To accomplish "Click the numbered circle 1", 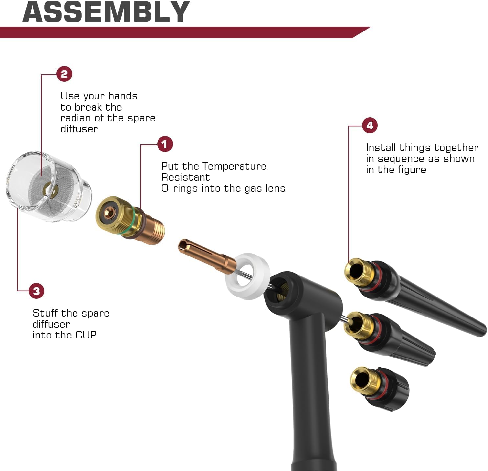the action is pos(165,144).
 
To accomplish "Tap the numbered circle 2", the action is pos(64,74).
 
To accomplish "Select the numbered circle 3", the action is pos(37,291).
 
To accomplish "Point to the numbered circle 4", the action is pos(370,125).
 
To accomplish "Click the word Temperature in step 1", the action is pos(234,166).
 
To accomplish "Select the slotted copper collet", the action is pos(207,254).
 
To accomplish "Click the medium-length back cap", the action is pos(389,338).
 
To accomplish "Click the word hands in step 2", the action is pos(123,96).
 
